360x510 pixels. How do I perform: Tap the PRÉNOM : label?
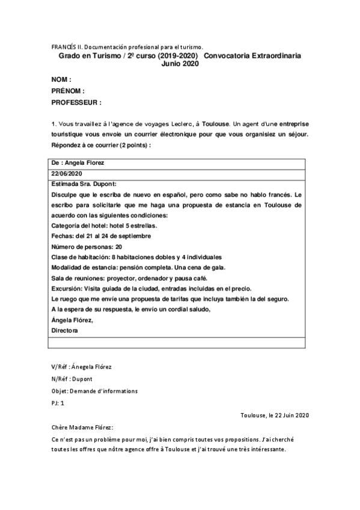point(68,91)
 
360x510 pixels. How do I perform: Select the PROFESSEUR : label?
point(76,103)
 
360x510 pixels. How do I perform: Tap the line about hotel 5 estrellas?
point(105,226)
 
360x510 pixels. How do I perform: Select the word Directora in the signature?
point(65,330)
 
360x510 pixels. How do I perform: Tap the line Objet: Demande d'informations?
point(94,391)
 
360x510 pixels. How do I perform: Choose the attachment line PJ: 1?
point(58,403)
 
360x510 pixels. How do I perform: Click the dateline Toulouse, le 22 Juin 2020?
point(274,415)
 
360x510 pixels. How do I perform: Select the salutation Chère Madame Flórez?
point(82,427)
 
